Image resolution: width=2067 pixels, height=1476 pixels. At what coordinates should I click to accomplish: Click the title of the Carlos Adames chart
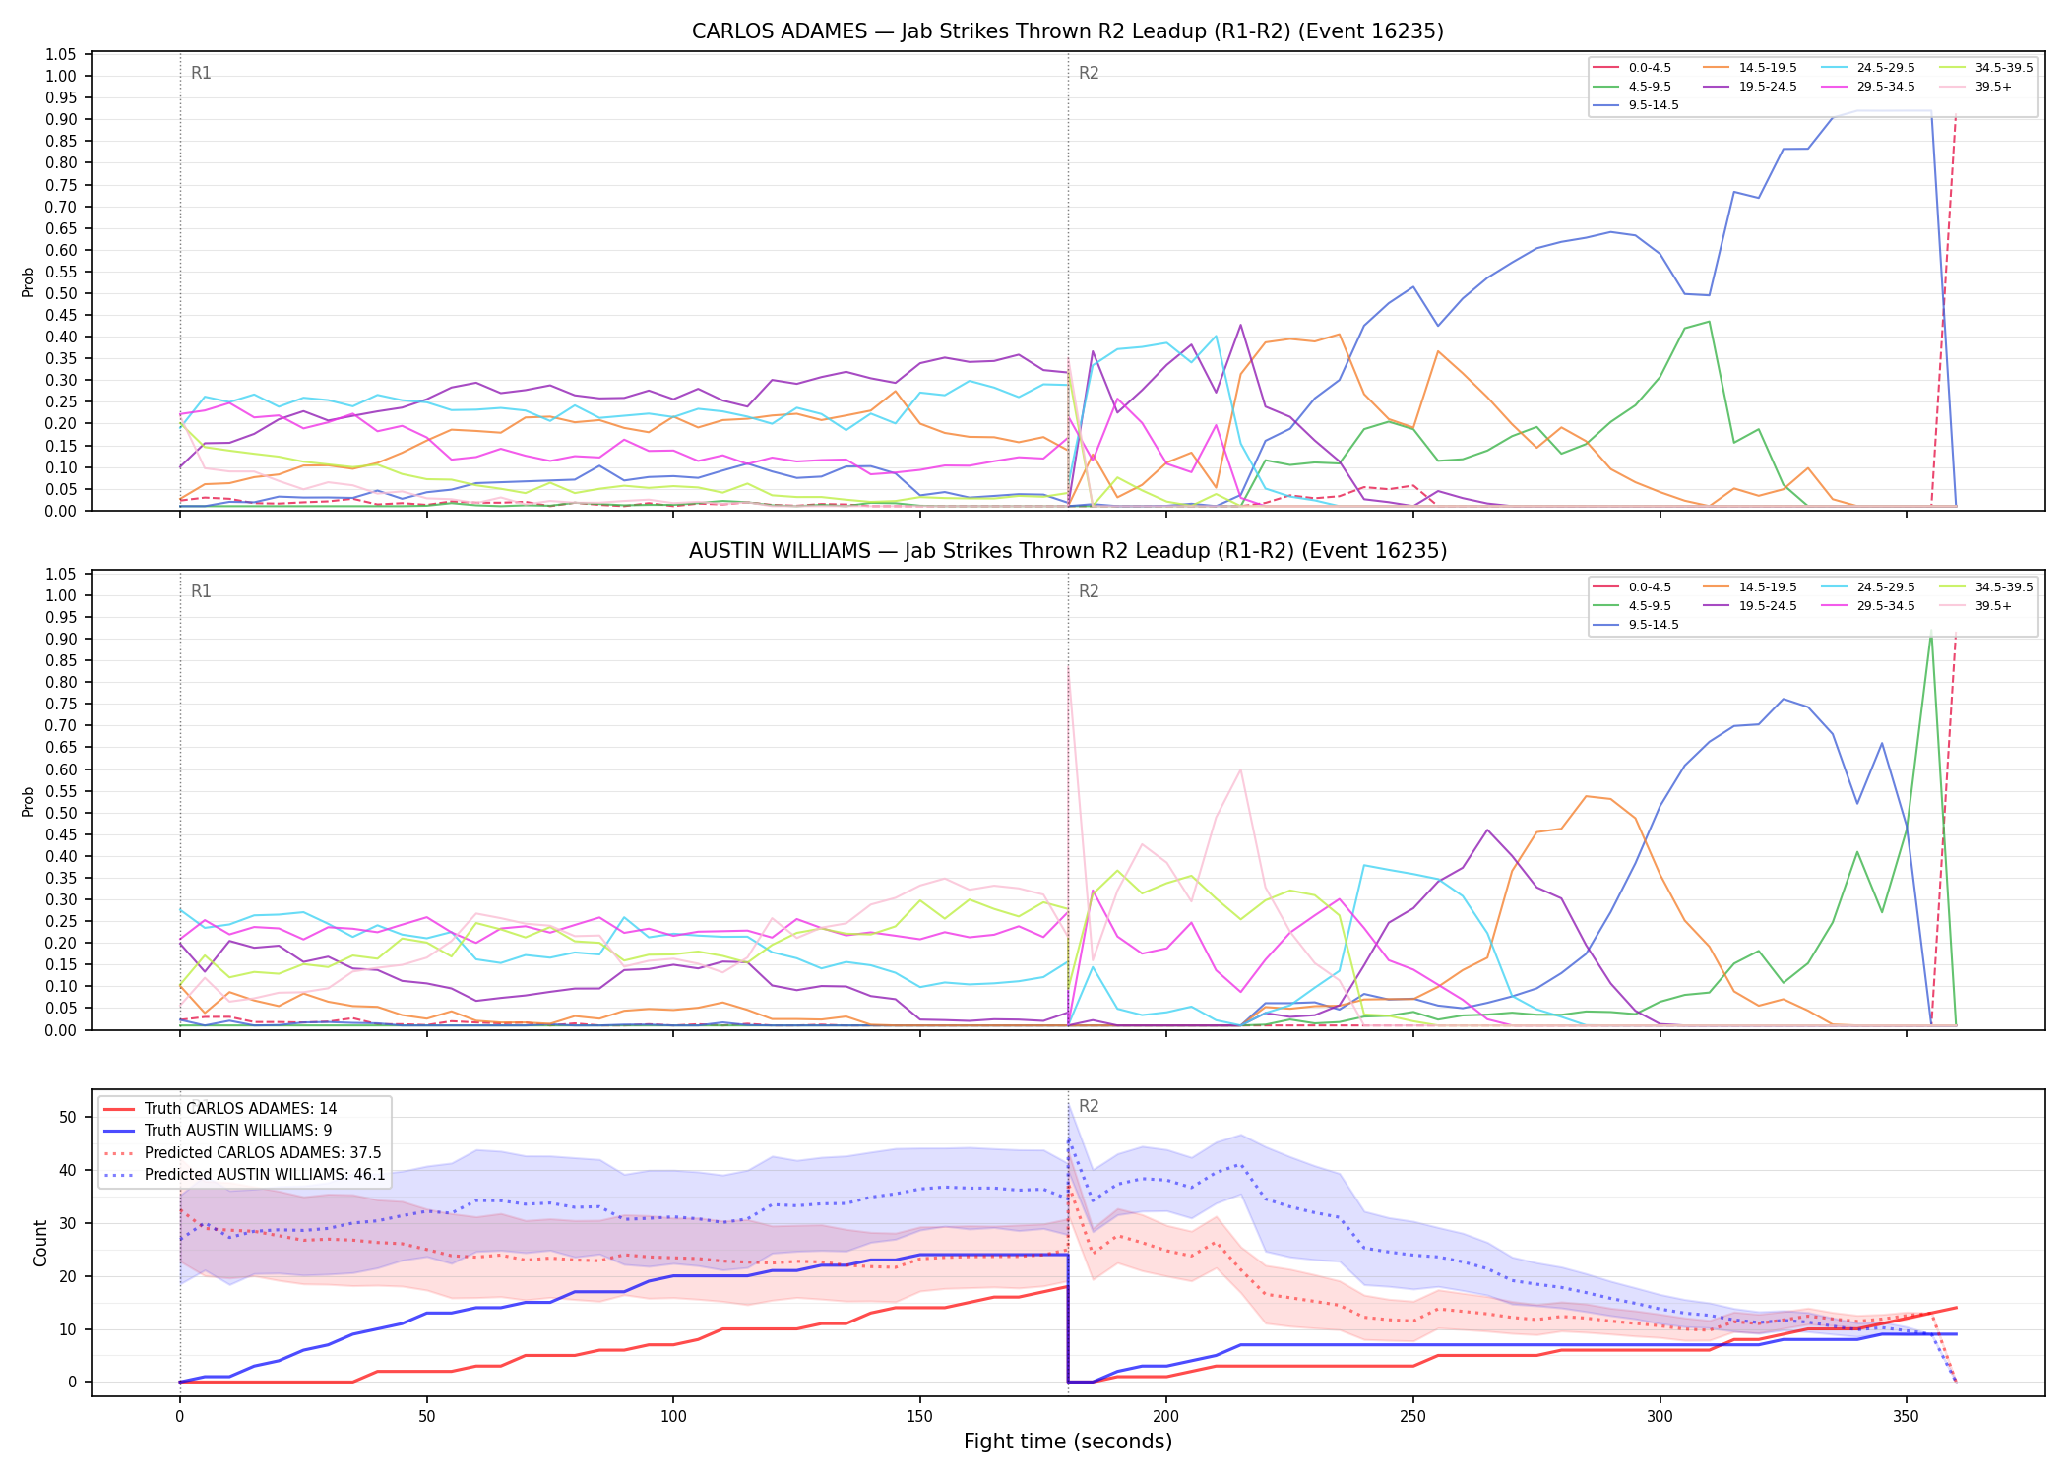tap(1068, 31)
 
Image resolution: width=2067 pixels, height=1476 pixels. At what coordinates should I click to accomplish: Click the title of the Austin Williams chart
tap(1068, 551)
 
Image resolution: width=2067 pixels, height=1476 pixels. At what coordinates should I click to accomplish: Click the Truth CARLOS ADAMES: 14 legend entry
tap(219, 1109)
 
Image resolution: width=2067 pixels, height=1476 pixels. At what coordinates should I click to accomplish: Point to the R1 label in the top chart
tap(201, 73)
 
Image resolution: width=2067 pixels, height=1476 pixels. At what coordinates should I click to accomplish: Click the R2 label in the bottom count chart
tap(1089, 1106)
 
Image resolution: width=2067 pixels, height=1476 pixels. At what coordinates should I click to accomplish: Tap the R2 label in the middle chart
tap(1089, 591)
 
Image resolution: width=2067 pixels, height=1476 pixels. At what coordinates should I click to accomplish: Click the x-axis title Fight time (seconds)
tap(1068, 1442)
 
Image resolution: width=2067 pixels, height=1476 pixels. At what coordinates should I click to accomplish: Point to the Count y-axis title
tap(40, 1243)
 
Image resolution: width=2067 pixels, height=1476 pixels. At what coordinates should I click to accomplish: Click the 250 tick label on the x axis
tap(1412, 1416)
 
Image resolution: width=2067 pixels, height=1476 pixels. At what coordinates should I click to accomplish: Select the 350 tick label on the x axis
tap(1906, 1416)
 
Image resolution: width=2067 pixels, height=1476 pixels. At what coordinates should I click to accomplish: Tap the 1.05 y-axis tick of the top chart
tap(61, 54)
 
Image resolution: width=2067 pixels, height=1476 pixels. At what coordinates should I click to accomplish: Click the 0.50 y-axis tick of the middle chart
tap(61, 813)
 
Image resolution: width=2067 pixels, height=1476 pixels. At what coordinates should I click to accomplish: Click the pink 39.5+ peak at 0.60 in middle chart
tap(1240, 769)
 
